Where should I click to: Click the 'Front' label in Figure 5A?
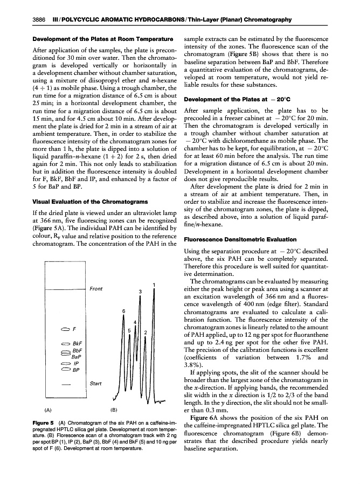96,289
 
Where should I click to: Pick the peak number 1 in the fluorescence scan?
154,285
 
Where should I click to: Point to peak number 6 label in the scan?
123,311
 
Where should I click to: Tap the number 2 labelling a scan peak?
146,332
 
